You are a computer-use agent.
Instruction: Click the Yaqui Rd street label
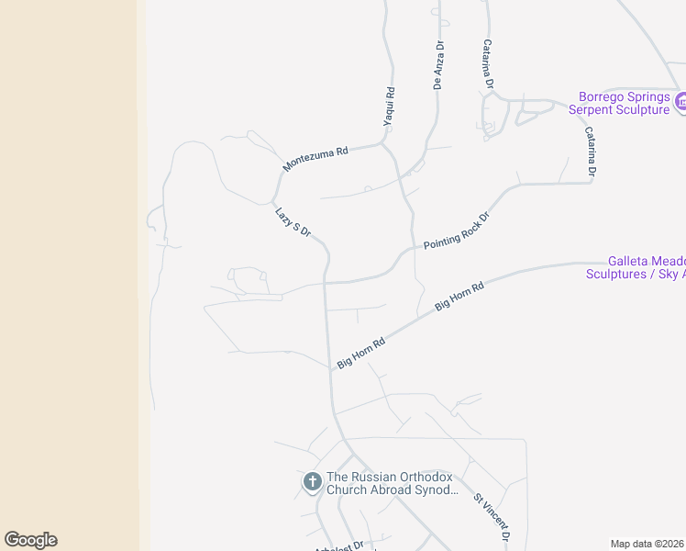(390, 107)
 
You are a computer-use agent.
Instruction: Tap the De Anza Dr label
(438, 64)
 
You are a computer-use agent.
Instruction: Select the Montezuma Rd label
(316, 159)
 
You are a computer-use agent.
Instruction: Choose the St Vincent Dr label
(492, 517)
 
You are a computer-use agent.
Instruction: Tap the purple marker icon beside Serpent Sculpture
(680, 102)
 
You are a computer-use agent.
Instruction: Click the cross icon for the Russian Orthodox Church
(312, 481)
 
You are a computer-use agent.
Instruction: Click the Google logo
(30, 540)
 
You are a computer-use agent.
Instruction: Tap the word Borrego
(603, 96)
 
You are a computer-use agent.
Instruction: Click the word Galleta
(630, 261)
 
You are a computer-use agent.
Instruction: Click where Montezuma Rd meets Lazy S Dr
(273, 200)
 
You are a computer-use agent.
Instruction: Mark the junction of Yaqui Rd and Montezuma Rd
(382, 143)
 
